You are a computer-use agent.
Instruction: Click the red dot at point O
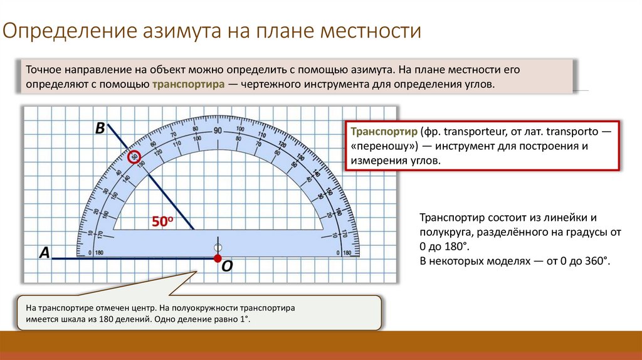pos(218,258)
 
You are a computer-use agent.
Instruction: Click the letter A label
pos(45,253)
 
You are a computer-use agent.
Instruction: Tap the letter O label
pos(227,267)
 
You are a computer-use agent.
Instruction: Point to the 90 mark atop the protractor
pos(218,131)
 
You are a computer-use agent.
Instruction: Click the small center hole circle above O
pos(218,246)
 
